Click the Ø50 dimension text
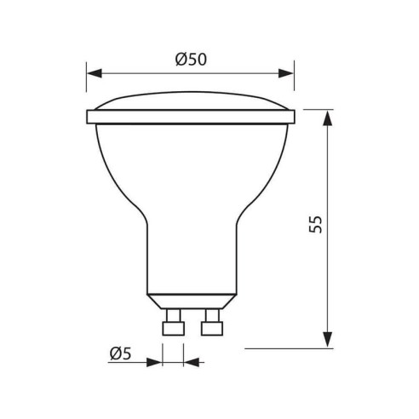point(192,59)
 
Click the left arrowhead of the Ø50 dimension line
point(93,73)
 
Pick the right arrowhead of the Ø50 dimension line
point(287,73)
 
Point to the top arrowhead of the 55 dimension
point(328,116)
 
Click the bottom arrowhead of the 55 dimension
point(328,342)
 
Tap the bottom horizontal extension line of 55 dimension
point(290,348)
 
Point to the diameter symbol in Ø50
point(181,59)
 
